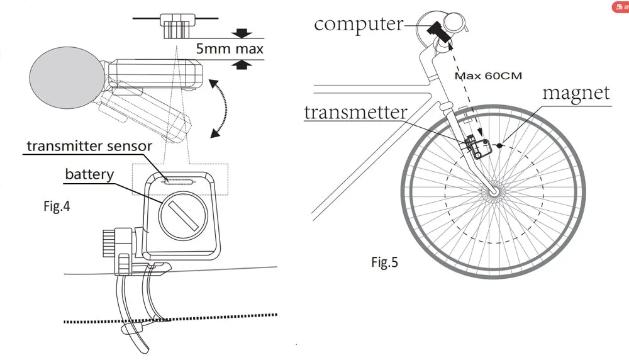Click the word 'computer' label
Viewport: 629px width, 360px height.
click(x=358, y=24)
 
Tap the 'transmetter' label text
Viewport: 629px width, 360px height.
click(x=355, y=112)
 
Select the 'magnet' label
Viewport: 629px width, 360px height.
click(x=576, y=93)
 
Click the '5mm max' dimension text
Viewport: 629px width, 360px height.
click(x=229, y=48)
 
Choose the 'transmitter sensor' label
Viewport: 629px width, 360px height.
click(x=89, y=146)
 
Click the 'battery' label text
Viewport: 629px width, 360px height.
click(x=89, y=173)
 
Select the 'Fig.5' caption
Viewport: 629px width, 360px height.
click(x=384, y=262)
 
